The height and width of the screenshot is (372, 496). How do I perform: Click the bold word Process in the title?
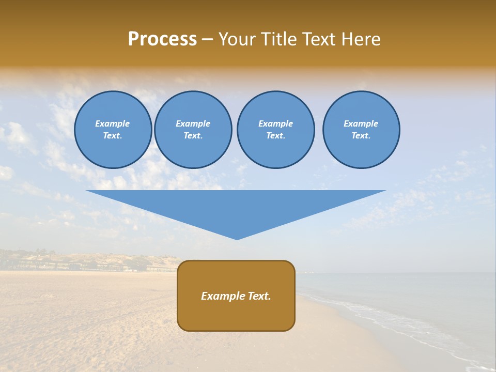pos(162,39)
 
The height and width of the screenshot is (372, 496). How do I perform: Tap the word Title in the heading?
pos(280,39)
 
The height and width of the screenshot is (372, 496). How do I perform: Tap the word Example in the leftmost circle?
pos(113,123)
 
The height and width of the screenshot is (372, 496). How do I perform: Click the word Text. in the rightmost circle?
pos(361,136)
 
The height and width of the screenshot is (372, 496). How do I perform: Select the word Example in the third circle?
pos(275,123)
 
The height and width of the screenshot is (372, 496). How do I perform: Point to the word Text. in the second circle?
pos(193,136)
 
